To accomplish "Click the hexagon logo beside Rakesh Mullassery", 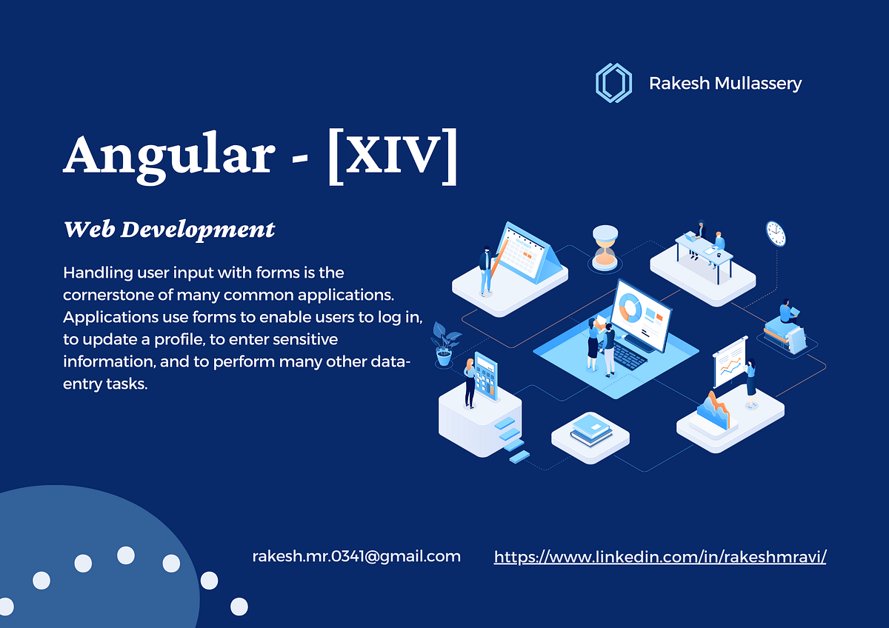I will click(613, 82).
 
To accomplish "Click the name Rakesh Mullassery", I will click(725, 83).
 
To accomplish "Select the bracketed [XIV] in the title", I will click(392, 157).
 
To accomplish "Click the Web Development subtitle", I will click(170, 230).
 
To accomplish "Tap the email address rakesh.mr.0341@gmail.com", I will click(356, 555).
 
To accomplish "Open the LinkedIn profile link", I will click(659, 556).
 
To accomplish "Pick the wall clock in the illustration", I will click(775, 233).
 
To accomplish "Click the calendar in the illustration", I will click(528, 254).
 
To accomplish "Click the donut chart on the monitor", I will click(631, 307).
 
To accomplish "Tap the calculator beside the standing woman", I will click(486, 375).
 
